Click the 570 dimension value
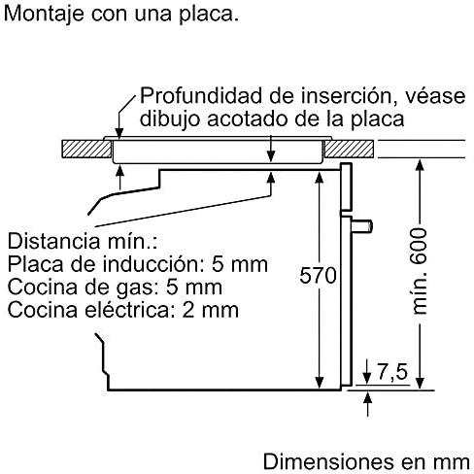tap(318, 276)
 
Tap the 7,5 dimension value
tap(392, 371)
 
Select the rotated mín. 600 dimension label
tap(420, 271)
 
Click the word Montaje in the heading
tap(45, 15)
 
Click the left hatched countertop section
tap(86, 149)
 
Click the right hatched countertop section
tap(349, 149)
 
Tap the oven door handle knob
tap(362, 225)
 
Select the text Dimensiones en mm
tap(366, 461)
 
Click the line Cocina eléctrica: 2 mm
tap(123, 310)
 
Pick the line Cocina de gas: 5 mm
tap(115, 287)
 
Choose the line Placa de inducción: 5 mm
tap(138, 264)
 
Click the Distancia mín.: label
tap(83, 241)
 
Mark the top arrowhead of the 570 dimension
tap(320, 178)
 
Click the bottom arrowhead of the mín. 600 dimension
tap(420, 383)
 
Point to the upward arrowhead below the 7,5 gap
tap(367, 397)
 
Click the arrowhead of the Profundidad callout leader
tap(119, 134)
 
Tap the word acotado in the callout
tap(248, 118)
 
